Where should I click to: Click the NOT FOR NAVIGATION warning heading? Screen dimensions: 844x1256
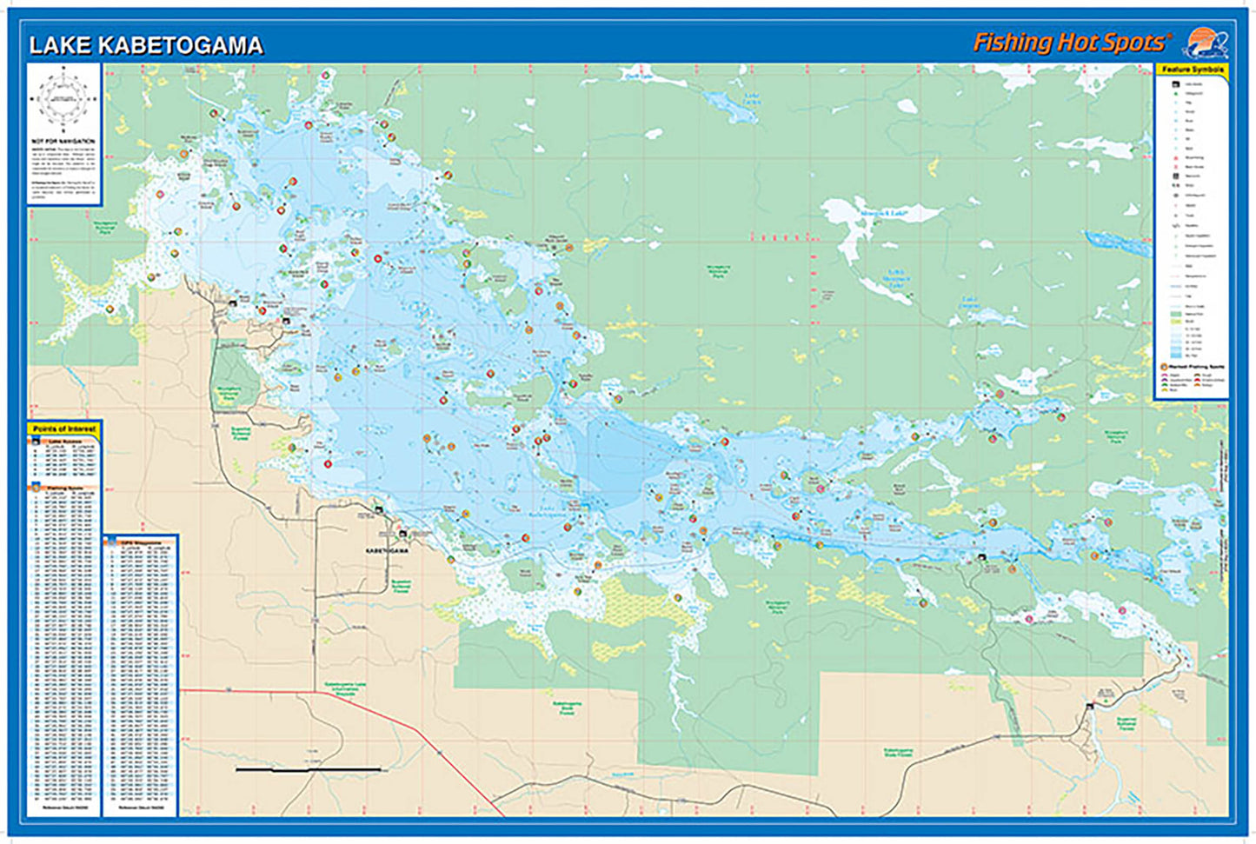[x=63, y=141]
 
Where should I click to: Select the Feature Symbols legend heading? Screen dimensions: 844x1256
[x=1192, y=70]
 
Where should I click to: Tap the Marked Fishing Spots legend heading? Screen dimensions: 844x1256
[x=1195, y=368]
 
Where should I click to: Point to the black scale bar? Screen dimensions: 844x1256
[x=308, y=769]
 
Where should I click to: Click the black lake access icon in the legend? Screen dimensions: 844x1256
[x=1175, y=83]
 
